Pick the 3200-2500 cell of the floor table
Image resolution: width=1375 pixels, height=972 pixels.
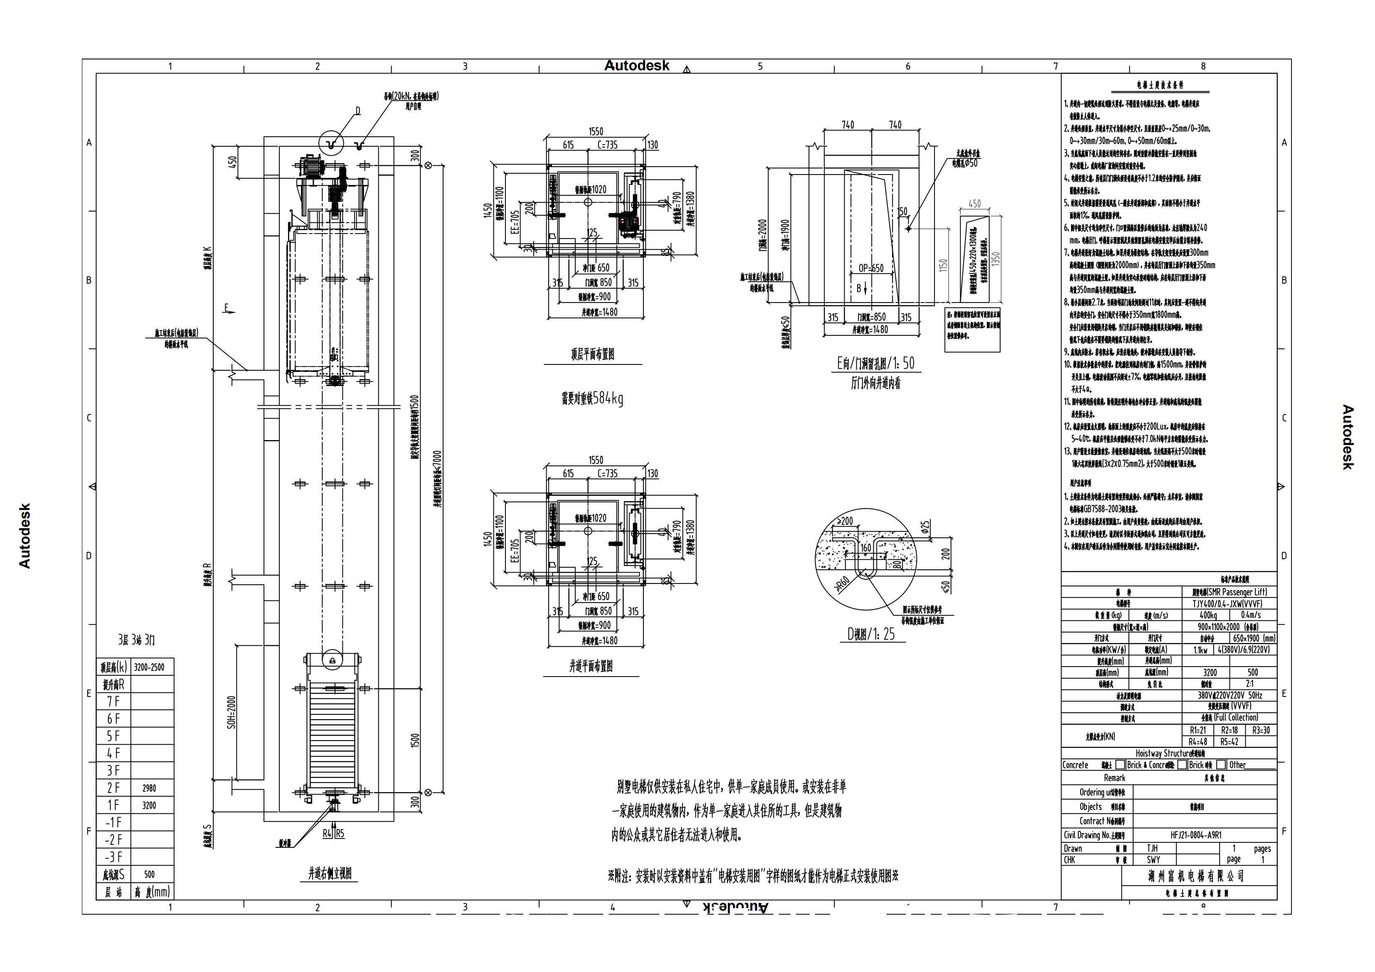[x=149, y=667]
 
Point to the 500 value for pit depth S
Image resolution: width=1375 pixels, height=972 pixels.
[x=149, y=874]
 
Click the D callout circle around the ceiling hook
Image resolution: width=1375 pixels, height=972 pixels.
[x=330, y=143]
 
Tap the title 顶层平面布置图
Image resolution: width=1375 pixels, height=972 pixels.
[x=592, y=354]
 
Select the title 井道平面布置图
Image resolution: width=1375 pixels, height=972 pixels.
[x=591, y=667]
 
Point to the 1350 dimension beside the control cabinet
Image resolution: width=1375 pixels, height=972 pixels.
[x=996, y=259]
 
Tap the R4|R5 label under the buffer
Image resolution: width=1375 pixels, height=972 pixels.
[x=334, y=833]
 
